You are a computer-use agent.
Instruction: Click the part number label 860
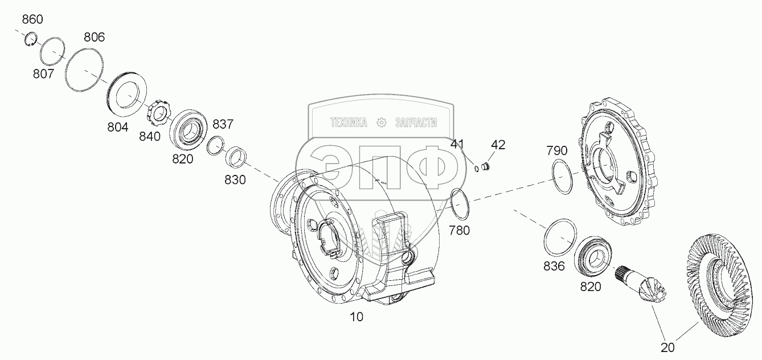point(32,20)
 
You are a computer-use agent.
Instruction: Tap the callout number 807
point(43,74)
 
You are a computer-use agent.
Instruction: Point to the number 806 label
point(94,38)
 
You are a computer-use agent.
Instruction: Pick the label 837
point(223,125)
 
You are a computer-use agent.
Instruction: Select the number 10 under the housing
point(357,317)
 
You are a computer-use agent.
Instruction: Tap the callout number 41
point(458,145)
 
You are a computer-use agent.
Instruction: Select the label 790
point(556,151)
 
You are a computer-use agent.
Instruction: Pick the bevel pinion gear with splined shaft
point(647,287)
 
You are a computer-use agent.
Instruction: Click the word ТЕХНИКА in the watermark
point(349,122)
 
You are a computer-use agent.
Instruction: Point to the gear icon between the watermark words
point(381,122)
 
